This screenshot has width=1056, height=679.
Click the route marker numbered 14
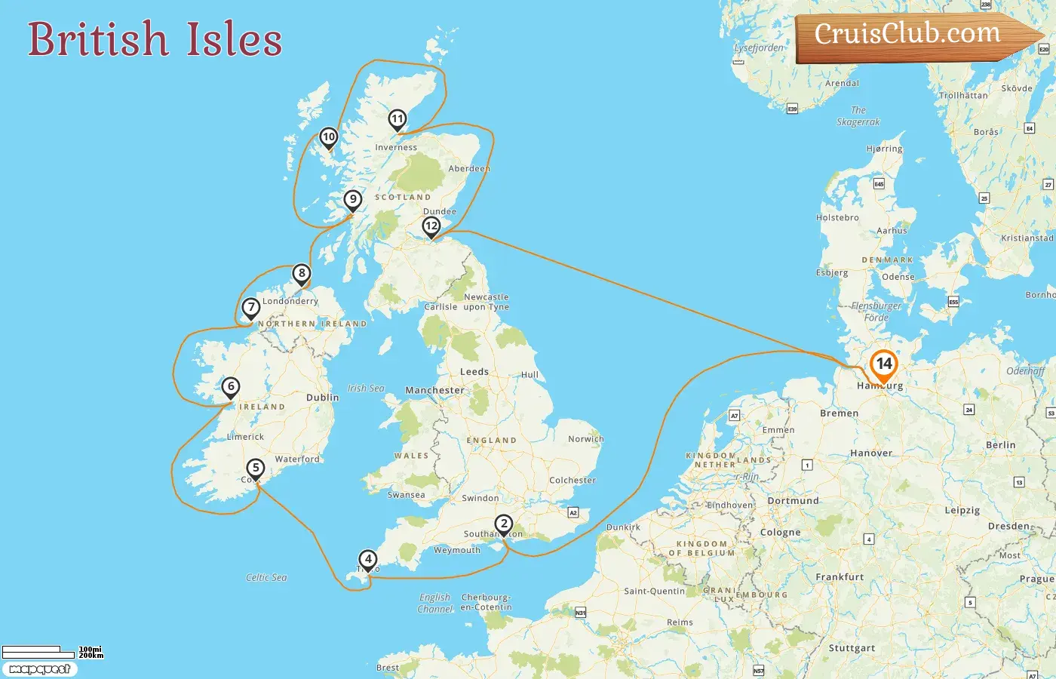(x=883, y=364)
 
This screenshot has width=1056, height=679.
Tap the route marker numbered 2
(x=503, y=524)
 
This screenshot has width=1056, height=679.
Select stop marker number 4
(x=367, y=559)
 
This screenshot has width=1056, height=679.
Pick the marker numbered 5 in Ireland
(x=256, y=469)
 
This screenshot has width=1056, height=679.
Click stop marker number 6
(x=231, y=387)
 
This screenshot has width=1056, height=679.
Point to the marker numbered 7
(x=251, y=307)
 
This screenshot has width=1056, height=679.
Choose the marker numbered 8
(x=302, y=273)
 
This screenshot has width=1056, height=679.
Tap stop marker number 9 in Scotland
(x=352, y=200)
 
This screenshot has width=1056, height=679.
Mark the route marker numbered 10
(x=328, y=137)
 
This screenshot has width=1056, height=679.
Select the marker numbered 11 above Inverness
(x=398, y=119)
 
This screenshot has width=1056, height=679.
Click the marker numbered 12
(x=431, y=226)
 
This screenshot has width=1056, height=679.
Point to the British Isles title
(x=155, y=39)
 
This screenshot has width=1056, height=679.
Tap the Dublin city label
(x=322, y=398)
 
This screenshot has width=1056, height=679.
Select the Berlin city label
(x=1000, y=445)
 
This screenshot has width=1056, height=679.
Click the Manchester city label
(x=434, y=390)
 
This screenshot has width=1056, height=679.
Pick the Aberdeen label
(x=469, y=168)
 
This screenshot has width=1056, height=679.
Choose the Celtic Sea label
(x=266, y=577)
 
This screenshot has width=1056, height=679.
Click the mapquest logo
(x=39, y=669)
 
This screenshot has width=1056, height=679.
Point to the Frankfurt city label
(x=840, y=577)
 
